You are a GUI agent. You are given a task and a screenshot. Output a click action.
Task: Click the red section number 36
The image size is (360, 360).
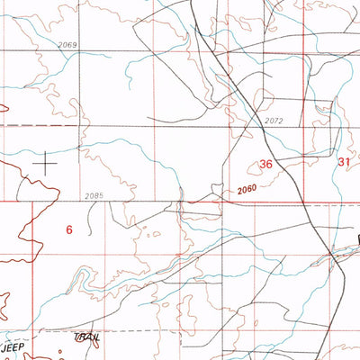[x=265, y=165]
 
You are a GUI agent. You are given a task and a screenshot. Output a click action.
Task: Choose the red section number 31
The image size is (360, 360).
[x=344, y=162]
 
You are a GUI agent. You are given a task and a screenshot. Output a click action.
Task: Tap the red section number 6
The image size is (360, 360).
[x=68, y=229]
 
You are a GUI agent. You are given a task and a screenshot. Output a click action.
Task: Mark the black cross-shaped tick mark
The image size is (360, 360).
[x=46, y=163]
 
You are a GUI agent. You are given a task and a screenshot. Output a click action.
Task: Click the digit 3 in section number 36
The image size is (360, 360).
[x=261, y=165]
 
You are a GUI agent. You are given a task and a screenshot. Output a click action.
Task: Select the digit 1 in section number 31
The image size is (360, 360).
[x=347, y=162]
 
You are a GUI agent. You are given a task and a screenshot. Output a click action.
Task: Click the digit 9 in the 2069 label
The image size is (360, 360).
[x=76, y=44]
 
